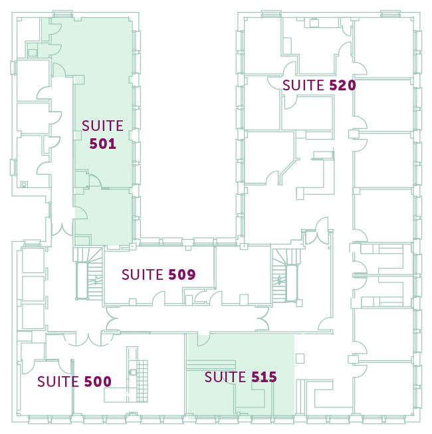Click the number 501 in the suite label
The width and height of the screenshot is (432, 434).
coord(102,144)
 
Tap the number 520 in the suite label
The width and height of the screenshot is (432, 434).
coord(342,85)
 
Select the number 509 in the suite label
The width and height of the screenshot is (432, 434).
coord(182,274)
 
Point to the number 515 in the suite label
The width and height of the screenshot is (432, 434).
coord(264,377)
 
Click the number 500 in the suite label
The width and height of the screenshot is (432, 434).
coord(98,381)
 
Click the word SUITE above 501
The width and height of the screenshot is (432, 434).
coord(102,126)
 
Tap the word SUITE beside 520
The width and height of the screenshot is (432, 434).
coord(303,85)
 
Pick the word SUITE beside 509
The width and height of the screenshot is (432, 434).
coord(142,274)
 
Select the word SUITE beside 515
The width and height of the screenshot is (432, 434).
coord(225,377)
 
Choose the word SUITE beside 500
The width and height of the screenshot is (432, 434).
coord(58,381)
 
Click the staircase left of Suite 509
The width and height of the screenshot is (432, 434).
coord(89,274)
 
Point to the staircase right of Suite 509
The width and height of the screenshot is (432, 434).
coord(285,275)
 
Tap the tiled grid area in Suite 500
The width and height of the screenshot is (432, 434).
coord(142,381)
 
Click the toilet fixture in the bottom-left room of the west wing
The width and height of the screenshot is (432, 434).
coord(24,184)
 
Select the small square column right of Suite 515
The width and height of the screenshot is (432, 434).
coord(300,358)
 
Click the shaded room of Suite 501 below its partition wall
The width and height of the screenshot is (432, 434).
coord(104,216)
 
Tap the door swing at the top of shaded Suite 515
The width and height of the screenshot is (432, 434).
coord(203,340)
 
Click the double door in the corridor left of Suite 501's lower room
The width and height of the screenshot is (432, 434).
coord(62,229)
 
